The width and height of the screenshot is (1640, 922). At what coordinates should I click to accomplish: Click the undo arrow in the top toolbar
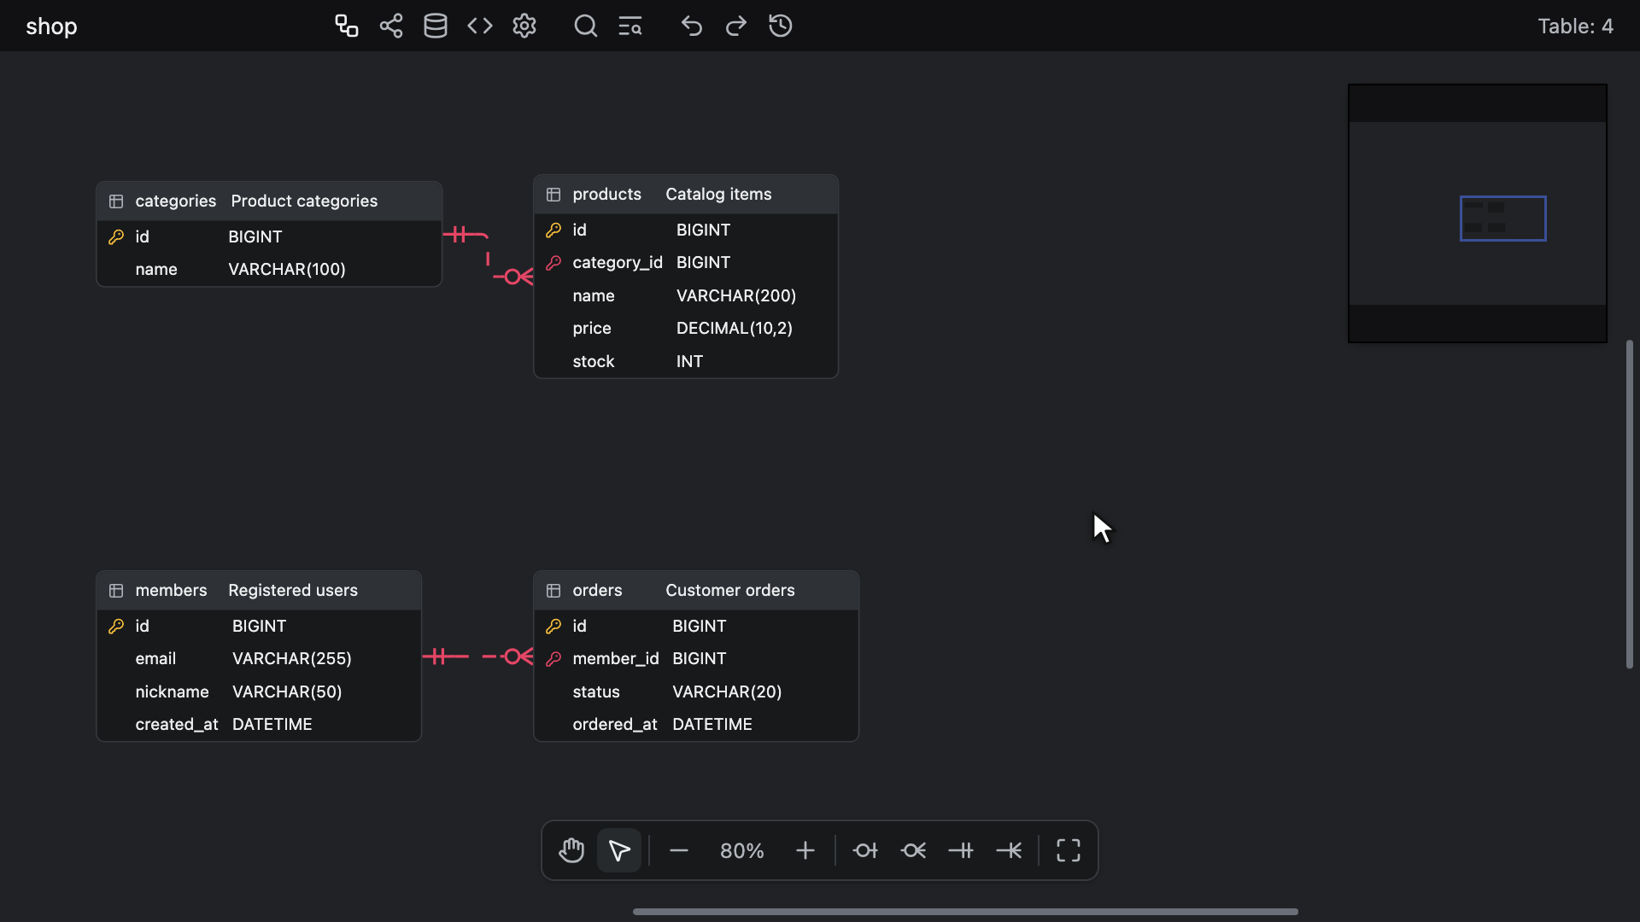(692, 26)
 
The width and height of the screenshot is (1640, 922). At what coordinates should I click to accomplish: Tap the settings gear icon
(524, 26)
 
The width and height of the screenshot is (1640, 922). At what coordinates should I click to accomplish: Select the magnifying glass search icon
(585, 26)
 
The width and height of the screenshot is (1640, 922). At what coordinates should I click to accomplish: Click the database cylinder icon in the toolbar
(436, 26)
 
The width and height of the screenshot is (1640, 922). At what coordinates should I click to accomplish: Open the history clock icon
(781, 26)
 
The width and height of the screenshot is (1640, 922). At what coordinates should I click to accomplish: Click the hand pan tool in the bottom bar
(571, 850)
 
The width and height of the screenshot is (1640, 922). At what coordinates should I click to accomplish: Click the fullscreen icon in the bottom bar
(1069, 850)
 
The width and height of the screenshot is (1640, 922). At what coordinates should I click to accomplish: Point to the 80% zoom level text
(741, 851)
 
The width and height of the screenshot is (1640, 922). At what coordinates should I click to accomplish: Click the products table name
(606, 195)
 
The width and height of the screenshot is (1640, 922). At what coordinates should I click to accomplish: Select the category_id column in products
(618, 263)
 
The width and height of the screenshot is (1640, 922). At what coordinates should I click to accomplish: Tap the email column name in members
(155, 659)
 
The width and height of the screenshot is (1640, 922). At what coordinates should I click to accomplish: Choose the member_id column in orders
(616, 659)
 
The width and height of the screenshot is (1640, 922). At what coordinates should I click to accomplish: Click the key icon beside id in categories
(116, 237)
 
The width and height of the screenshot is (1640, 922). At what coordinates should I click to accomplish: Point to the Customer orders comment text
(730, 591)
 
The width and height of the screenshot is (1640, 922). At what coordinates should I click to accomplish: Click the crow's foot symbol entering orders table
(518, 656)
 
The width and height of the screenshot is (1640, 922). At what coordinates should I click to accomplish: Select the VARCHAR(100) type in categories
(287, 270)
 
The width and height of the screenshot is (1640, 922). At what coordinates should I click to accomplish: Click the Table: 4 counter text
(1576, 26)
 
